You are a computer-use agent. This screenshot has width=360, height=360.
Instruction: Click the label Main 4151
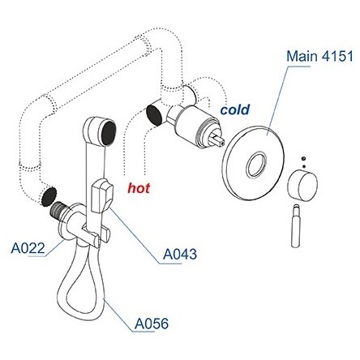(319, 57)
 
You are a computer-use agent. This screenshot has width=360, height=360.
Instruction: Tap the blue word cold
(235, 109)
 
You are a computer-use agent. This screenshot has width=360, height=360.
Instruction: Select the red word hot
(139, 188)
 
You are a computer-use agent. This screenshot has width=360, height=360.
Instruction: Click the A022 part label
(28, 248)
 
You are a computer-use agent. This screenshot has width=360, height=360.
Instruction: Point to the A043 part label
(180, 254)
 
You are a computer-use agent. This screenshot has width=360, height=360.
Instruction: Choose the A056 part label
(152, 324)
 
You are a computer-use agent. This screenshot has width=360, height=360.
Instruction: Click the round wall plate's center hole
(256, 164)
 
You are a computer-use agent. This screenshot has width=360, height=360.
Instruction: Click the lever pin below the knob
(296, 226)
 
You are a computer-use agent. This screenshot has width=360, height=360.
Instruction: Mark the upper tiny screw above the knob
(304, 158)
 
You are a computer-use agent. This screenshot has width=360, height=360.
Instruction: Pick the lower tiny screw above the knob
(304, 166)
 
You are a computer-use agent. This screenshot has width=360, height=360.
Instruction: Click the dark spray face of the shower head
(109, 132)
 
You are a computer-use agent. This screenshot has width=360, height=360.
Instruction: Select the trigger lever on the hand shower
(101, 195)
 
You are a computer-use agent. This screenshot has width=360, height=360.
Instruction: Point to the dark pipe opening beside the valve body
(154, 115)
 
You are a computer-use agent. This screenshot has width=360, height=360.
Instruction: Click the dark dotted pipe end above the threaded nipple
(49, 195)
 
